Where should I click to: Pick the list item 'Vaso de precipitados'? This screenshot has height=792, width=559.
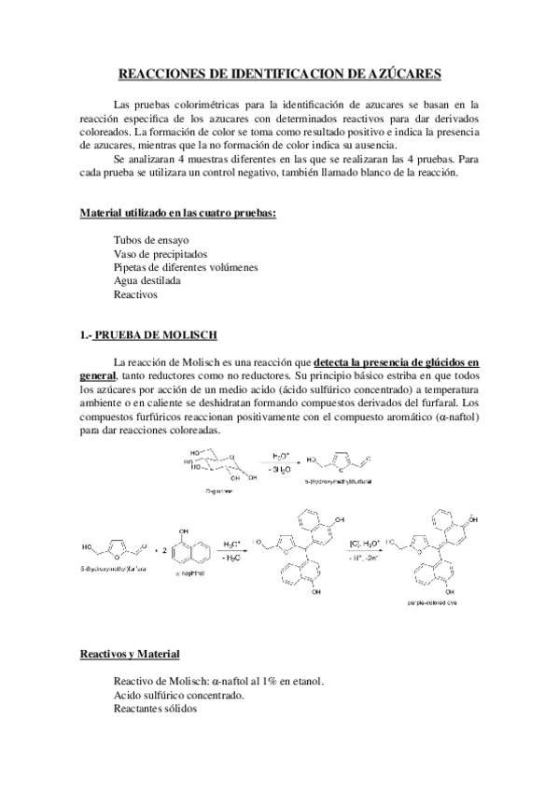coord(161,253)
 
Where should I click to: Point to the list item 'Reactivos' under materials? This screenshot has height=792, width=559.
coord(135,294)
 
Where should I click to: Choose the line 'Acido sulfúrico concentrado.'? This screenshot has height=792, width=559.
coord(178,695)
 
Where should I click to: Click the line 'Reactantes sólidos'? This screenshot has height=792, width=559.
coord(155,708)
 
